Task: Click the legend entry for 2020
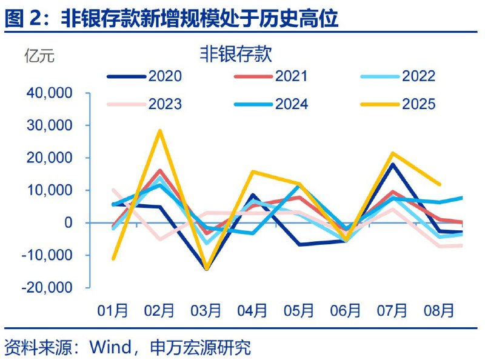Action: click(145, 76)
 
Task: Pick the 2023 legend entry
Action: click(145, 104)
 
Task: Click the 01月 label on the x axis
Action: click(113, 310)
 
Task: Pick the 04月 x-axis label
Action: click(252, 310)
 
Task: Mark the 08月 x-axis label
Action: click(438, 310)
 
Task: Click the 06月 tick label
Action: click(346, 310)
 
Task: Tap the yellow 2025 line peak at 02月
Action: click(160, 130)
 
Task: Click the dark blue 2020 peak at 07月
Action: click(392, 164)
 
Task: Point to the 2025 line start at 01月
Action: click(113, 259)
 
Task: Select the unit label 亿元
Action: click(39, 57)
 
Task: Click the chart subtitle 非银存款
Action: click(236, 54)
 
